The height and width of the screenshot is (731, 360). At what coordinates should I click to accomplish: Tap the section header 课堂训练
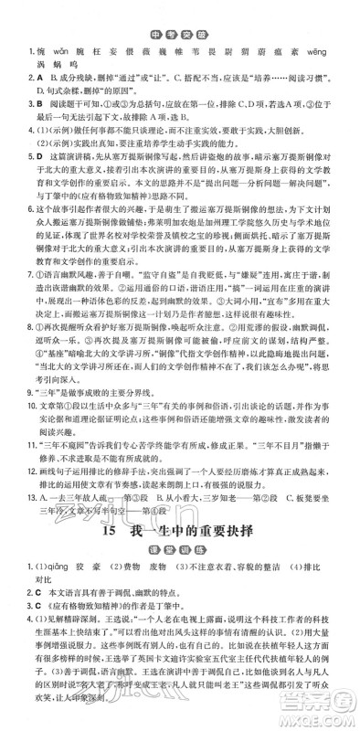(x=181, y=655)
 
